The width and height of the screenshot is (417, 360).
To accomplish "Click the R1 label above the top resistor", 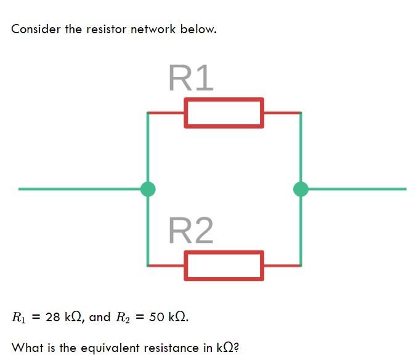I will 190,78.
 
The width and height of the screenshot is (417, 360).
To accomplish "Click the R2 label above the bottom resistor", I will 190,231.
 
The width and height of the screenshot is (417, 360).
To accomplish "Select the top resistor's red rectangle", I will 224,113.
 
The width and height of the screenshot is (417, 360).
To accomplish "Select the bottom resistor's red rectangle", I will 224,266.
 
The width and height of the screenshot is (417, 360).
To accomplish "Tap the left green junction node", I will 148,189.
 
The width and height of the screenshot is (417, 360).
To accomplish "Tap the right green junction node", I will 301,189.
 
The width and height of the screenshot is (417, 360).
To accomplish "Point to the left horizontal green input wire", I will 80,189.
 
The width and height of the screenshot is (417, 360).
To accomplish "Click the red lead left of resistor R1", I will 166,113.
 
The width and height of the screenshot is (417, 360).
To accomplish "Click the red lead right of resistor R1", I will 282,113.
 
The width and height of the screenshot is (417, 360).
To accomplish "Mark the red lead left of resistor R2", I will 166,266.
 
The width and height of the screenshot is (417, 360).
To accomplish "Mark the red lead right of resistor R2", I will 282,266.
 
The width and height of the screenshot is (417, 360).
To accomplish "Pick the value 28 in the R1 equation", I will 53,318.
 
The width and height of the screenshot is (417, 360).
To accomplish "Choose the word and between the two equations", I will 100,318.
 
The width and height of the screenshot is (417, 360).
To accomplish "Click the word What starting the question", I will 26,348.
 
